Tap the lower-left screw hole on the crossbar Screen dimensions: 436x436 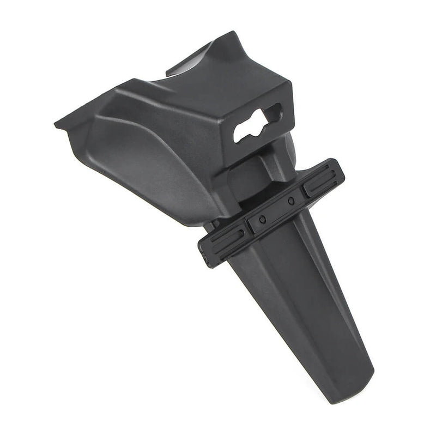point(263,219)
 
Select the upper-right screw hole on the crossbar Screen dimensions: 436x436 point(292,201)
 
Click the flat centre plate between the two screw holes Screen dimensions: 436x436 point(277,210)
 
